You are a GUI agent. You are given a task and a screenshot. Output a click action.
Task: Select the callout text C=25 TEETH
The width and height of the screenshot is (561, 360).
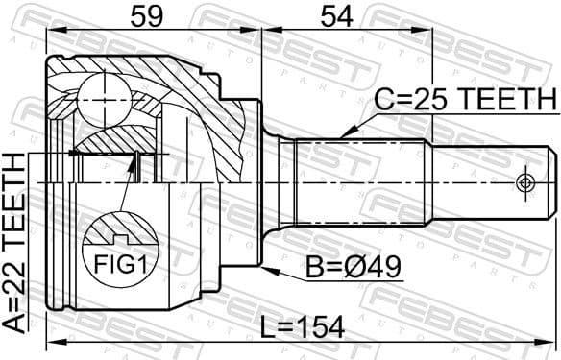point(464,99)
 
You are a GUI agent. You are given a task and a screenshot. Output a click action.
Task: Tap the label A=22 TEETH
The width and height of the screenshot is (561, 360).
point(16,244)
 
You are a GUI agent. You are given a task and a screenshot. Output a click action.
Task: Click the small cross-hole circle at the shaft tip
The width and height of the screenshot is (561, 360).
point(524,181)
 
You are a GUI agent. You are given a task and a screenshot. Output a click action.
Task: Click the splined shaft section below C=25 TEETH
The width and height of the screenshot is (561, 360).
point(360,181)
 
